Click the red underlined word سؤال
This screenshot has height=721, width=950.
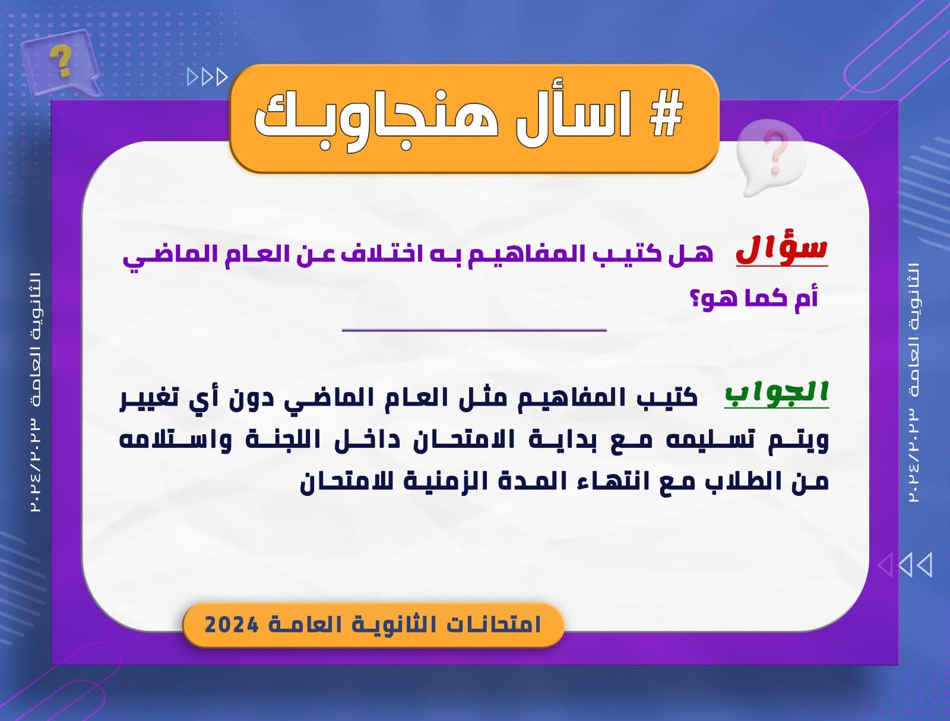click(x=781, y=251)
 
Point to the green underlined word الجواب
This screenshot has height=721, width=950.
click(x=777, y=393)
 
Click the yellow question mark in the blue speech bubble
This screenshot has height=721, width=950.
click(x=61, y=61)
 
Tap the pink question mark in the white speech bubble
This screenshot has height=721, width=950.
click(x=776, y=153)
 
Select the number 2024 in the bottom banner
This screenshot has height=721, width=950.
click(x=232, y=625)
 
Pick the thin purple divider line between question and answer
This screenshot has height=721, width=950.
click(x=474, y=330)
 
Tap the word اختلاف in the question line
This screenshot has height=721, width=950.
click(x=376, y=254)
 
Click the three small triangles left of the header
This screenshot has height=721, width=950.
click(x=207, y=77)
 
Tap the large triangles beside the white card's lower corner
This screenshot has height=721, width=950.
click(x=904, y=564)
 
